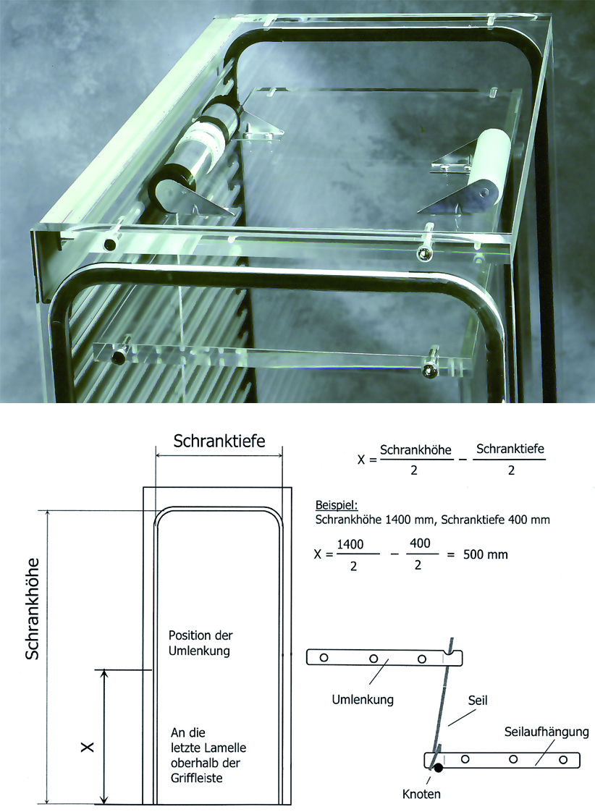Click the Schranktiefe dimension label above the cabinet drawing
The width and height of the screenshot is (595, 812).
pyautogui.click(x=219, y=441)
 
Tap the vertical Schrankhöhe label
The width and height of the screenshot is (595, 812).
pyautogui.click(x=33, y=609)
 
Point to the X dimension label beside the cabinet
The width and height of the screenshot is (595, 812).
pyautogui.click(x=88, y=747)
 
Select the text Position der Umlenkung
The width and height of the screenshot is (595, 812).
pyautogui.click(x=201, y=643)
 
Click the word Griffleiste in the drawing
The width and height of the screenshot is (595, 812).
pyautogui.click(x=197, y=778)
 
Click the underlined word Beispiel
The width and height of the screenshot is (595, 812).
pyautogui.click(x=337, y=505)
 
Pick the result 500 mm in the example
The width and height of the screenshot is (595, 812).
pyautogui.click(x=485, y=554)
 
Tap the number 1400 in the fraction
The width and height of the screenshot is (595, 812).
pyautogui.click(x=350, y=544)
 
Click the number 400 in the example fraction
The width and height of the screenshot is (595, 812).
pyautogui.click(x=420, y=544)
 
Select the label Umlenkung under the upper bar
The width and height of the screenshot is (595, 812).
pyautogui.click(x=363, y=700)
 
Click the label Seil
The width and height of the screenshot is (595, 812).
pyautogui.click(x=478, y=701)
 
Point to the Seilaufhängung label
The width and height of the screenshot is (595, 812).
pyautogui.click(x=547, y=732)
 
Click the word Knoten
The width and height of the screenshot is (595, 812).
pyautogui.click(x=421, y=794)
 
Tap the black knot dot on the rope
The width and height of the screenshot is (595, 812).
pyautogui.click(x=439, y=768)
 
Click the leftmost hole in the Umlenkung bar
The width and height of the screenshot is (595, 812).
pyautogui.click(x=324, y=658)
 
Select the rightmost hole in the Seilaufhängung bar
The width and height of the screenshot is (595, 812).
pyautogui.click(x=563, y=760)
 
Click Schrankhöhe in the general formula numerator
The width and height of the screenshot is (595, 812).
pyautogui.click(x=415, y=450)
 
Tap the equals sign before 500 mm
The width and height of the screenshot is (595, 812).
pyautogui.click(x=450, y=554)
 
